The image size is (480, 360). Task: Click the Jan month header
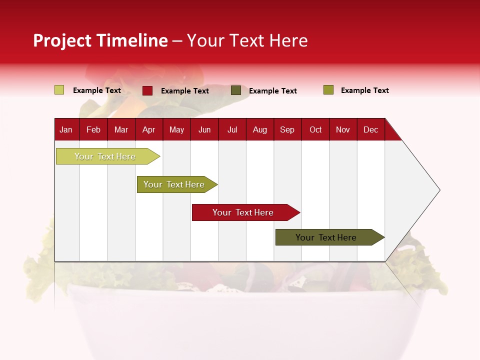pos(66,130)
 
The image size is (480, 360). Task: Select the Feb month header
pos(93,130)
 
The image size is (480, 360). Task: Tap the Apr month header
pos(149,130)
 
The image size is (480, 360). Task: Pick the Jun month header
pos(204,130)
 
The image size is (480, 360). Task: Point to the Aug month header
pos(260,130)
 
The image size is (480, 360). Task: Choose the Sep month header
pos(287,130)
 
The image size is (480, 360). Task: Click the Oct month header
pos(315,130)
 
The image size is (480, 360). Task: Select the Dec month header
pos(371,130)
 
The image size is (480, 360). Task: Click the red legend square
pos(147,90)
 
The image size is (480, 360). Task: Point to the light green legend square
pos(59,90)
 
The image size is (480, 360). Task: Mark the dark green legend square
pos(236,90)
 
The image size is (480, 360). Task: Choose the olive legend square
pos(328,90)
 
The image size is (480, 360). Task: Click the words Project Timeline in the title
pos(100,40)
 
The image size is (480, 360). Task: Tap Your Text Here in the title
pos(247,40)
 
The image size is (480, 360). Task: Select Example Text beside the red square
pos(185,91)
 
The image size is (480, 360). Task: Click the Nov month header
pos(343,130)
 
